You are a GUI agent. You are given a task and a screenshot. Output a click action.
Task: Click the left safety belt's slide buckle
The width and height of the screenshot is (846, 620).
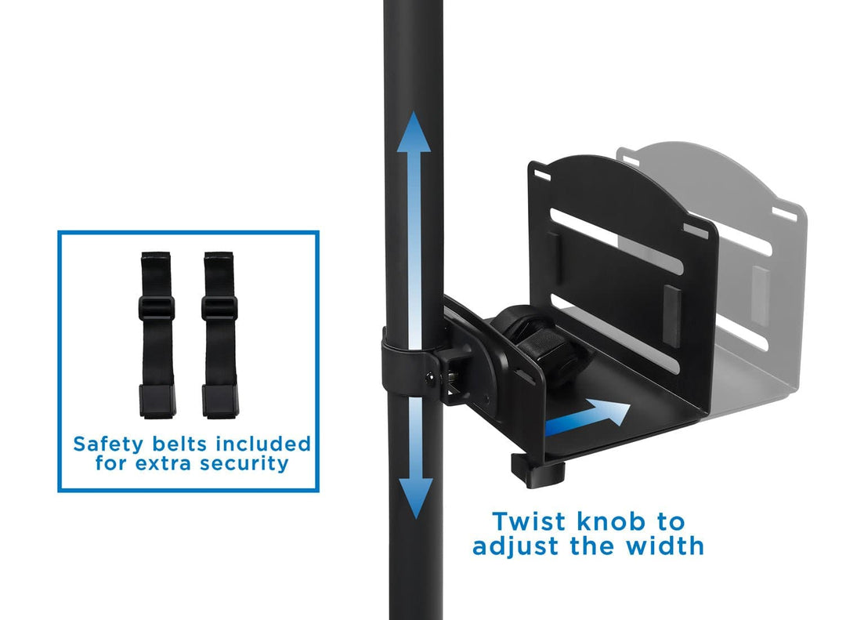[x=157, y=307]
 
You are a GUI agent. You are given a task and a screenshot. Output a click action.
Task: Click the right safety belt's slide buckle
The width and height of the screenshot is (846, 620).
[x=219, y=307]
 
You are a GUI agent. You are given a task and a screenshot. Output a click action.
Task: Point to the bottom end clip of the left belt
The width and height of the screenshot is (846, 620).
[x=157, y=401]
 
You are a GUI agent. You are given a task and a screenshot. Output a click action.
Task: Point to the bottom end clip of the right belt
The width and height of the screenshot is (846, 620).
[x=220, y=401]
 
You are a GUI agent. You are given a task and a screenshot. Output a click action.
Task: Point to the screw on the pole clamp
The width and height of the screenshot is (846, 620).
[x=430, y=378]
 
